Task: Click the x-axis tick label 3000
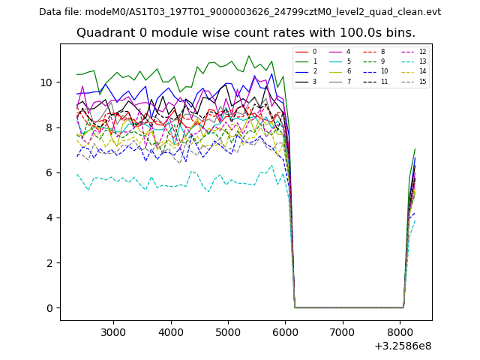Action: [x=113, y=332]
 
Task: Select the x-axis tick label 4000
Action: [x=171, y=332]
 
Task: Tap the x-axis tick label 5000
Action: [x=228, y=332]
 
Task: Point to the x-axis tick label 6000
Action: [x=286, y=332]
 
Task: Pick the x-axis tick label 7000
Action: [x=343, y=332]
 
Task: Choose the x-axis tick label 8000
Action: [x=400, y=332]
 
